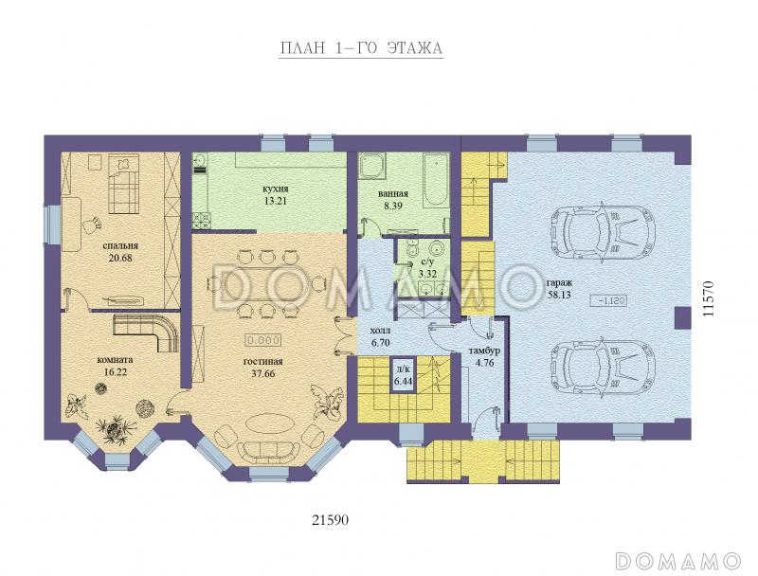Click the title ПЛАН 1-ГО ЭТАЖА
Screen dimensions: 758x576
click(x=361, y=48)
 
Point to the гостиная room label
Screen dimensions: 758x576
click(x=263, y=361)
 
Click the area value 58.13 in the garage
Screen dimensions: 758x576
click(x=559, y=295)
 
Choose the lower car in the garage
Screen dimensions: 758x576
click(x=604, y=370)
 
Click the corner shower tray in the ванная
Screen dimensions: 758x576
click(x=371, y=167)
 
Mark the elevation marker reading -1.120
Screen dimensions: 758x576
click(x=609, y=301)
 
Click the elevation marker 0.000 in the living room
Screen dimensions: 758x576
click(x=263, y=341)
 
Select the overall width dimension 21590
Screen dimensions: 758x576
click(x=330, y=520)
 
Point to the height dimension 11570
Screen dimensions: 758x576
click(x=708, y=298)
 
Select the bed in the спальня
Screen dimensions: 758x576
click(x=123, y=184)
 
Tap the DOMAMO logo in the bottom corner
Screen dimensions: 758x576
click(x=678, y=560)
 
